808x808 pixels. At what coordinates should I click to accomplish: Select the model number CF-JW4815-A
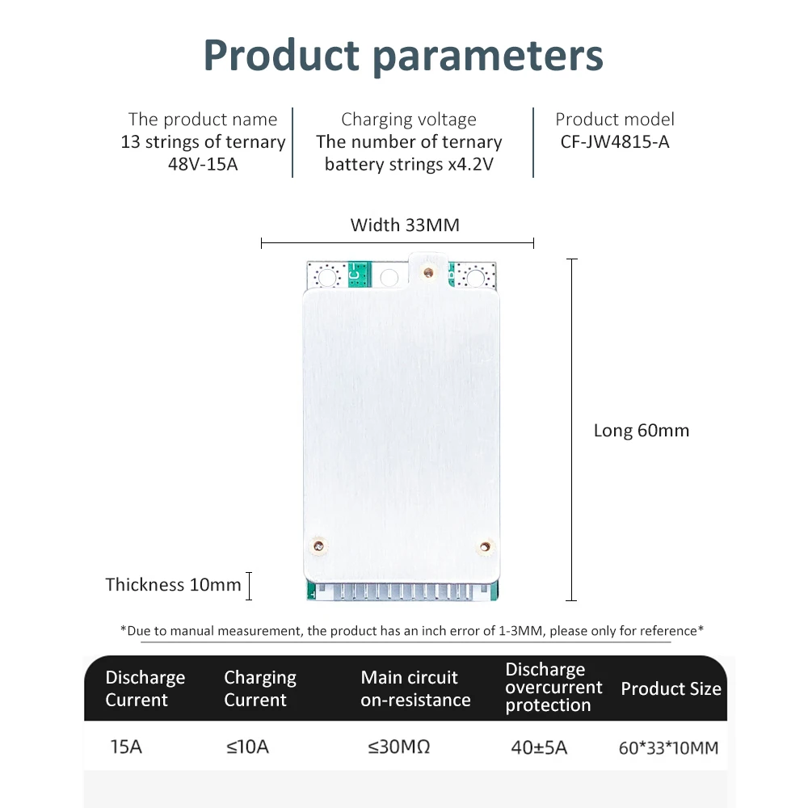point(615,142)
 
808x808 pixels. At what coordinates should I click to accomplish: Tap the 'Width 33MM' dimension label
point(405,225)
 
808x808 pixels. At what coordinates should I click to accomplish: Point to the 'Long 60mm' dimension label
point(642,431)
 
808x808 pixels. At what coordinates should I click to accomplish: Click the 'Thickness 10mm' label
point(174,584)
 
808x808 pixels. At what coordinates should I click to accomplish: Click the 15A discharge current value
point(126,747)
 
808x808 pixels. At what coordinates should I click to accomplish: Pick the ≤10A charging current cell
point(247,747)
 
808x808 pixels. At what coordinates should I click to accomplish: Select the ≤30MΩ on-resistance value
point(399,747)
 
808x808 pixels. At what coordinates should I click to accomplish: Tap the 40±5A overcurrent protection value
point(539,747)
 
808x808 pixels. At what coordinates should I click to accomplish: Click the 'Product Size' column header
point(671,689)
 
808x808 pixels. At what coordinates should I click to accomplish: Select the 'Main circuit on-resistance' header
point(415,689)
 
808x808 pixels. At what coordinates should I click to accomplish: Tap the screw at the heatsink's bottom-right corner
point(485,548)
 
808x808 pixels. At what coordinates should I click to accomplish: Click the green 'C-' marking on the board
point(356,274)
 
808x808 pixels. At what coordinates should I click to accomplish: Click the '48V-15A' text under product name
point(203,164)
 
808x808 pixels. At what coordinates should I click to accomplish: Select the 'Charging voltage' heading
point(409,120)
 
